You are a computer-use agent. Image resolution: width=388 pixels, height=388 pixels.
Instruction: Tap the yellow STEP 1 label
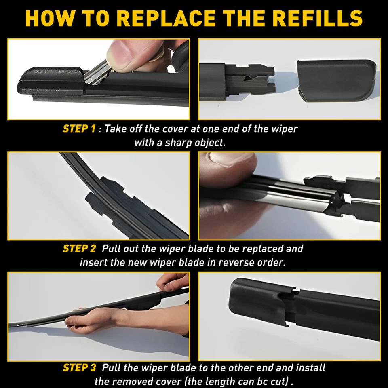pos(79,129)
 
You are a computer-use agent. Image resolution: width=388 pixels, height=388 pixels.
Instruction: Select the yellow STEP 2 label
pos(79,249)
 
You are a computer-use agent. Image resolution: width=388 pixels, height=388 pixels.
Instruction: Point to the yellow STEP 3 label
pos(79,368)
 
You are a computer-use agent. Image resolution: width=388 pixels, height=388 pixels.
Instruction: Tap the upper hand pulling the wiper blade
pos(172,283)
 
